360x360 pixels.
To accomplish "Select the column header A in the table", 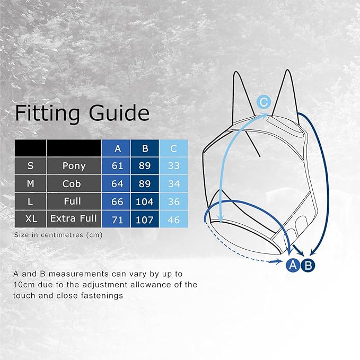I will click(x=117, y=148).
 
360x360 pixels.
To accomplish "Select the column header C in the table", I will click(x=173, y=148).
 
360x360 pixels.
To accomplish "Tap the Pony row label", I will click(x=74, y=165).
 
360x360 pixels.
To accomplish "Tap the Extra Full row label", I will click(x=74, y=218).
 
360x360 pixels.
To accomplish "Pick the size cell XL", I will click(x=30, y=218).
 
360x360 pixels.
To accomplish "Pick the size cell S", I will click(x=30, y=165).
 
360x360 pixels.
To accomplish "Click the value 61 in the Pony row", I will click(x=117, y=165).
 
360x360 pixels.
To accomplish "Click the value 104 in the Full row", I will click(x=145, y=201).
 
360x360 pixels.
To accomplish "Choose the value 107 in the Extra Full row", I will click(x=145, y=218).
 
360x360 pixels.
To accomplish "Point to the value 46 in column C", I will click(x=173, y=218).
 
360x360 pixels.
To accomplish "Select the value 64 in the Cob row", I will click(x=117, y=183).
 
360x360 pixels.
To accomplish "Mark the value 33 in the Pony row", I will click(x=173, y=165).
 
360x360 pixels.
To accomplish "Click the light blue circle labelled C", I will click(x=264, y=102).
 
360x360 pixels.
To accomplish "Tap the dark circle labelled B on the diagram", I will click(x=308, y=265).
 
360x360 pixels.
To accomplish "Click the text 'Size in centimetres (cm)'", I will click(x=58, y=234).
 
